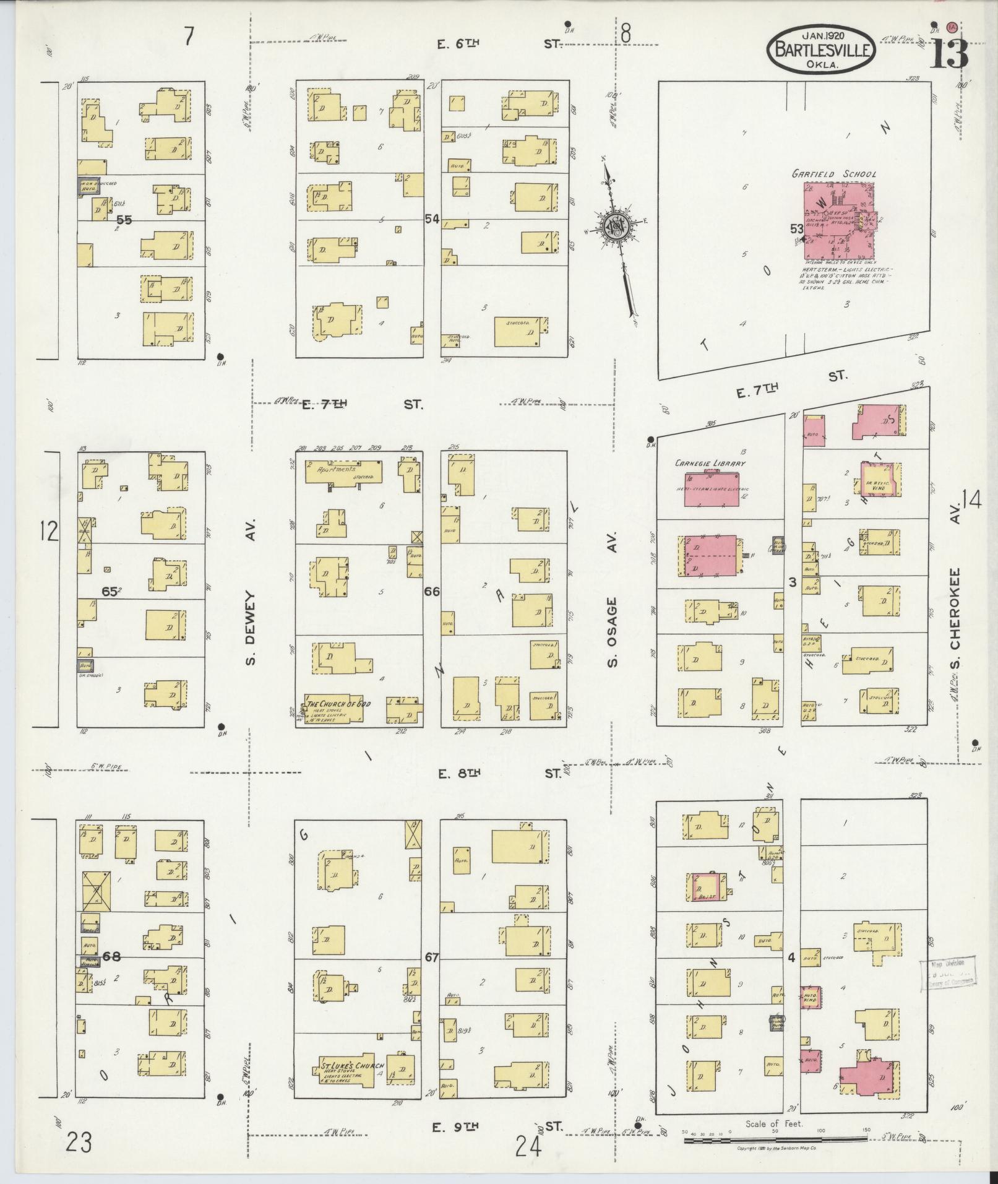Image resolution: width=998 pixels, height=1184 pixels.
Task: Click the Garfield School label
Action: [833, 175]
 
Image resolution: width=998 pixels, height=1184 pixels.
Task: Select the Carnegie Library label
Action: [710, 463]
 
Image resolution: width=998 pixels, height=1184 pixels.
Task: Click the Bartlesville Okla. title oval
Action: [821, 49]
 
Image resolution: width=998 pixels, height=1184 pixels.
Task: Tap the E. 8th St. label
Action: [498, 773]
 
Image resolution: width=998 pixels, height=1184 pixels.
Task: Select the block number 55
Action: [124, 219]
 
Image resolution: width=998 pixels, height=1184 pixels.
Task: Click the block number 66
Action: [431, 592]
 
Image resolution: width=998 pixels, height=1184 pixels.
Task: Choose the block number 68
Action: [112, 957]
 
